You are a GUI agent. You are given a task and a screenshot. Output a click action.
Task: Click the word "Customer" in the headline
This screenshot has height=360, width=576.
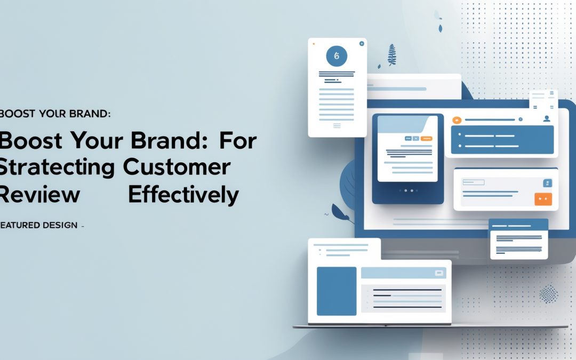coord(176,167)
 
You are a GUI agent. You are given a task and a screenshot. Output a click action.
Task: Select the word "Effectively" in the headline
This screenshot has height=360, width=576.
coord(183,195)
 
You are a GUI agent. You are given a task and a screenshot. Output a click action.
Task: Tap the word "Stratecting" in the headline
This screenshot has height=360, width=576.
coord(56,167)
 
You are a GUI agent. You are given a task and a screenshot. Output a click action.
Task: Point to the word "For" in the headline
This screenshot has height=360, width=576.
coord(237,141)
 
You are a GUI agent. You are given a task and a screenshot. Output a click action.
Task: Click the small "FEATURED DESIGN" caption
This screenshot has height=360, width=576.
coord(40,226)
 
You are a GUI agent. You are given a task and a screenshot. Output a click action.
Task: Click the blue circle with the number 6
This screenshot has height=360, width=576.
coord(336,55)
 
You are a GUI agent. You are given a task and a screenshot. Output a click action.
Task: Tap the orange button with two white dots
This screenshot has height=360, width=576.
coord(543,199)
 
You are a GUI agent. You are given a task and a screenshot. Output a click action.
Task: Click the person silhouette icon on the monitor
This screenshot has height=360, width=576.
coord(546,119)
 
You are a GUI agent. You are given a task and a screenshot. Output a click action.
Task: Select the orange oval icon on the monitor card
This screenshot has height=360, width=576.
coord(456,121)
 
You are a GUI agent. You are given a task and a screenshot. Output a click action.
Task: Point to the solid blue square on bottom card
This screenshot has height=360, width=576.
coord(336,291)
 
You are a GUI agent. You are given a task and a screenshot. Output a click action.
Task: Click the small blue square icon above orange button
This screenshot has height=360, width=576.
coord(546,183)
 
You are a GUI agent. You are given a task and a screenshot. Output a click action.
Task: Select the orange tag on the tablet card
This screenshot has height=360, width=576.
coord(426,138)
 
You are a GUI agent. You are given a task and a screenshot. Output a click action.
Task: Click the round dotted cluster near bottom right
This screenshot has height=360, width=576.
coord(548,293)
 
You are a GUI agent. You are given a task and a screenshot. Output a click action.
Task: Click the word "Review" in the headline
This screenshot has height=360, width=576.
coord(40,195)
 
